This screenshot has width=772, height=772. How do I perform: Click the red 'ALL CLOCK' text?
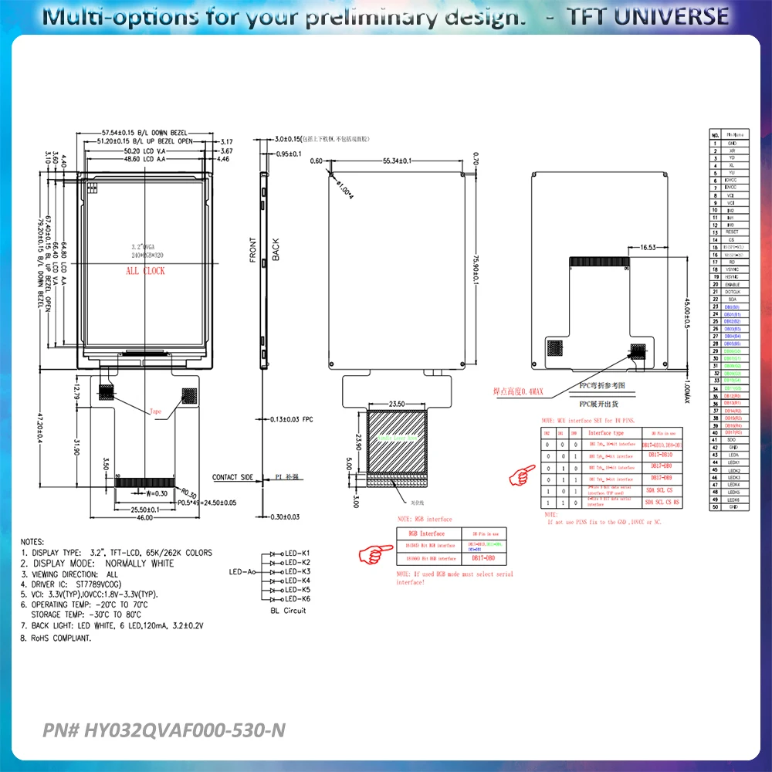pos(145,271)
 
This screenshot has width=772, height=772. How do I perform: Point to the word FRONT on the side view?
pos(252,249)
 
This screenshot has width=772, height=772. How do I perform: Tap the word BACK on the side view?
pos(276,249)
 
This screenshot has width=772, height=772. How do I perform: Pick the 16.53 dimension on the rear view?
pos(648,248)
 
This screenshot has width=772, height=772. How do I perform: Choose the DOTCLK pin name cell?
pos(732,292)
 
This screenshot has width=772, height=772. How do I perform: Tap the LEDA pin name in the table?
pos(732,455)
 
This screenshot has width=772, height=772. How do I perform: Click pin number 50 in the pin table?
pos(716,507)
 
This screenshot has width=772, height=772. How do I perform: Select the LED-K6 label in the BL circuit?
pos(297,599)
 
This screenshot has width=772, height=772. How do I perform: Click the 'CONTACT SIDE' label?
pos(232,478)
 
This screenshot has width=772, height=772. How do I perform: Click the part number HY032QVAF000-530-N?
pos(164,730)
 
